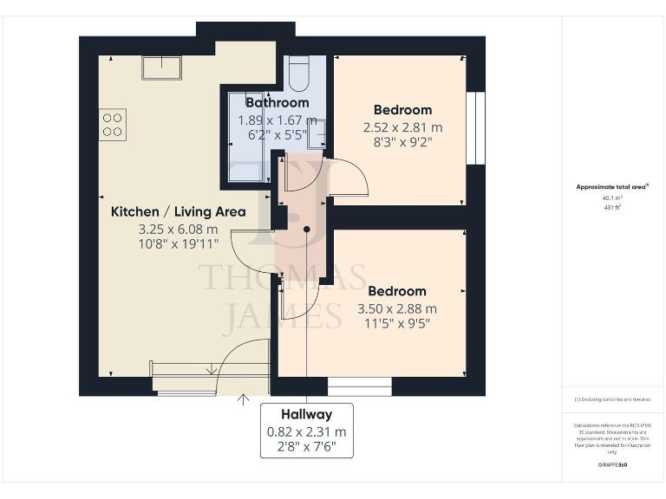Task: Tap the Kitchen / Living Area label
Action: [178, 211]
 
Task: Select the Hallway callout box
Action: [307, 431]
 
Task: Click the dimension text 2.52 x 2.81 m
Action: [402, 126]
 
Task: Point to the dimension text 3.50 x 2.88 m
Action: [397, 308]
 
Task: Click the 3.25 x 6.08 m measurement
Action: [178, 230]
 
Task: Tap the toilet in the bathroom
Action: [298, 75]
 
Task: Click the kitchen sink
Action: [161, 68]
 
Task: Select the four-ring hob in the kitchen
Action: [113, 124]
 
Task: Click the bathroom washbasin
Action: [317, 134]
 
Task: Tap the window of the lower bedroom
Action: [360, 386]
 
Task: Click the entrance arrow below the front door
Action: [243, 399]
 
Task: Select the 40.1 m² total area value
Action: [612, 197]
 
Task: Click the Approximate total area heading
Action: [612, 186]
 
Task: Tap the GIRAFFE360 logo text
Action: [612, 465]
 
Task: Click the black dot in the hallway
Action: [307, 229]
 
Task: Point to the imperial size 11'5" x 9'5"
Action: [397, 324]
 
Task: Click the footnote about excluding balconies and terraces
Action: [612, 399]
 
